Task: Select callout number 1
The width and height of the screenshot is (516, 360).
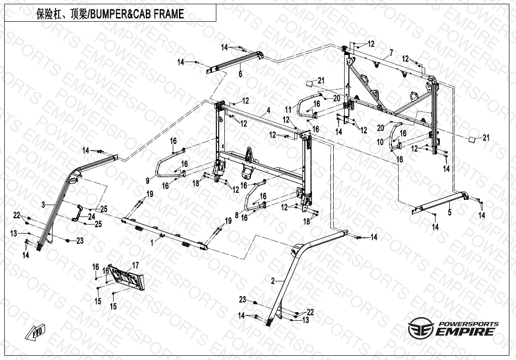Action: (152, 242)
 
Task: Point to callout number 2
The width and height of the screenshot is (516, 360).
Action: (273, 281)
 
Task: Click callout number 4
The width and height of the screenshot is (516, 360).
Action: (268, 110)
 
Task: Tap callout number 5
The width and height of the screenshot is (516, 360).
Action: (450, 213)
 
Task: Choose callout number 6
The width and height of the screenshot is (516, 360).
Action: (240, 74)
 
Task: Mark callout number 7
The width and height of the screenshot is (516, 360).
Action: (391, 51)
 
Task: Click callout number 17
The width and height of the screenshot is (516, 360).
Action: (135, 265)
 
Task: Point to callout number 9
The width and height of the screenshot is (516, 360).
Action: (147, 180)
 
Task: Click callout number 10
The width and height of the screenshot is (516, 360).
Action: (380, 142)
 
